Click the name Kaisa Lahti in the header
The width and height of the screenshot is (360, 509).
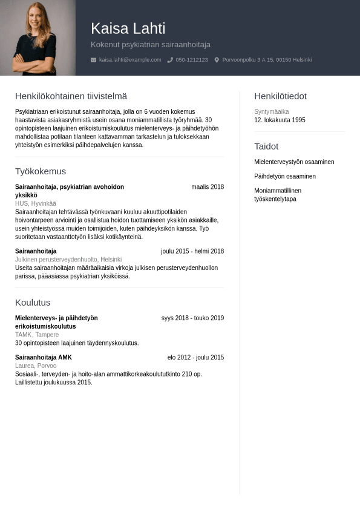128,28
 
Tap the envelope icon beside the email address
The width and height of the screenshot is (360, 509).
93,60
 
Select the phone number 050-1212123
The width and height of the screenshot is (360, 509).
191,60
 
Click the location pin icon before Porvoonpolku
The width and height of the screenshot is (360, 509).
217,60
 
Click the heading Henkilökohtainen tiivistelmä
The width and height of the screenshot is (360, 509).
71,96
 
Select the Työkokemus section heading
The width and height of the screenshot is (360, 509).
41,171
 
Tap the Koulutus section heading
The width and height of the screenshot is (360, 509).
33,303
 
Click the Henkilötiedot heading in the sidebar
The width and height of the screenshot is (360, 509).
280,96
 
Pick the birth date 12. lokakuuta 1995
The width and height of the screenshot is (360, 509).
280,120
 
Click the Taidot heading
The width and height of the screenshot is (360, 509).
266,146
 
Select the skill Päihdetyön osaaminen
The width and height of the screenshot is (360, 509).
284,177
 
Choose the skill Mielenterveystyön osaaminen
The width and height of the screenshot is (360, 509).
294,162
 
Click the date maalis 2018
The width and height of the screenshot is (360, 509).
208,187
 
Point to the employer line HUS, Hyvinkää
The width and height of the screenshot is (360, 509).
36,204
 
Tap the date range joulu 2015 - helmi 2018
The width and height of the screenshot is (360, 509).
192,251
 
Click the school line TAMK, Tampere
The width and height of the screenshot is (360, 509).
37,335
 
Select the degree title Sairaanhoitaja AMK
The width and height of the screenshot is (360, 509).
44,358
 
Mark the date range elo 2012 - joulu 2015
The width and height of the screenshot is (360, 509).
195,358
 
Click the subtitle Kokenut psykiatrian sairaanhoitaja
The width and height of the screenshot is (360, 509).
151,45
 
